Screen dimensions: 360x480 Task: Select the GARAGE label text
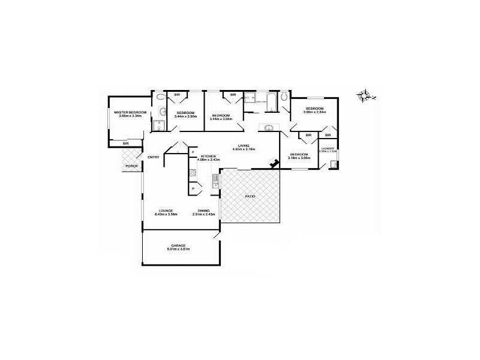(x=178, y=245)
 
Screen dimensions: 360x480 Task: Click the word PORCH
(x=131, y=166)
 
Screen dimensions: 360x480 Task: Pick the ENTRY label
(x=154, y=158)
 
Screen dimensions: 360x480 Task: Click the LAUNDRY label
(x=328, y=148)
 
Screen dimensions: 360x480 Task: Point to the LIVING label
(x=243, y=145)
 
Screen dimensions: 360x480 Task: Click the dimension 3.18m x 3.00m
(x=299, y=158)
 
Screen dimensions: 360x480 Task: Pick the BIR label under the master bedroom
(x=126, y=143)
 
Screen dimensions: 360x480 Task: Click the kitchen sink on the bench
(x=214, y=181)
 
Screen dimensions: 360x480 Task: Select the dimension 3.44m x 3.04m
(x=221, y=119)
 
